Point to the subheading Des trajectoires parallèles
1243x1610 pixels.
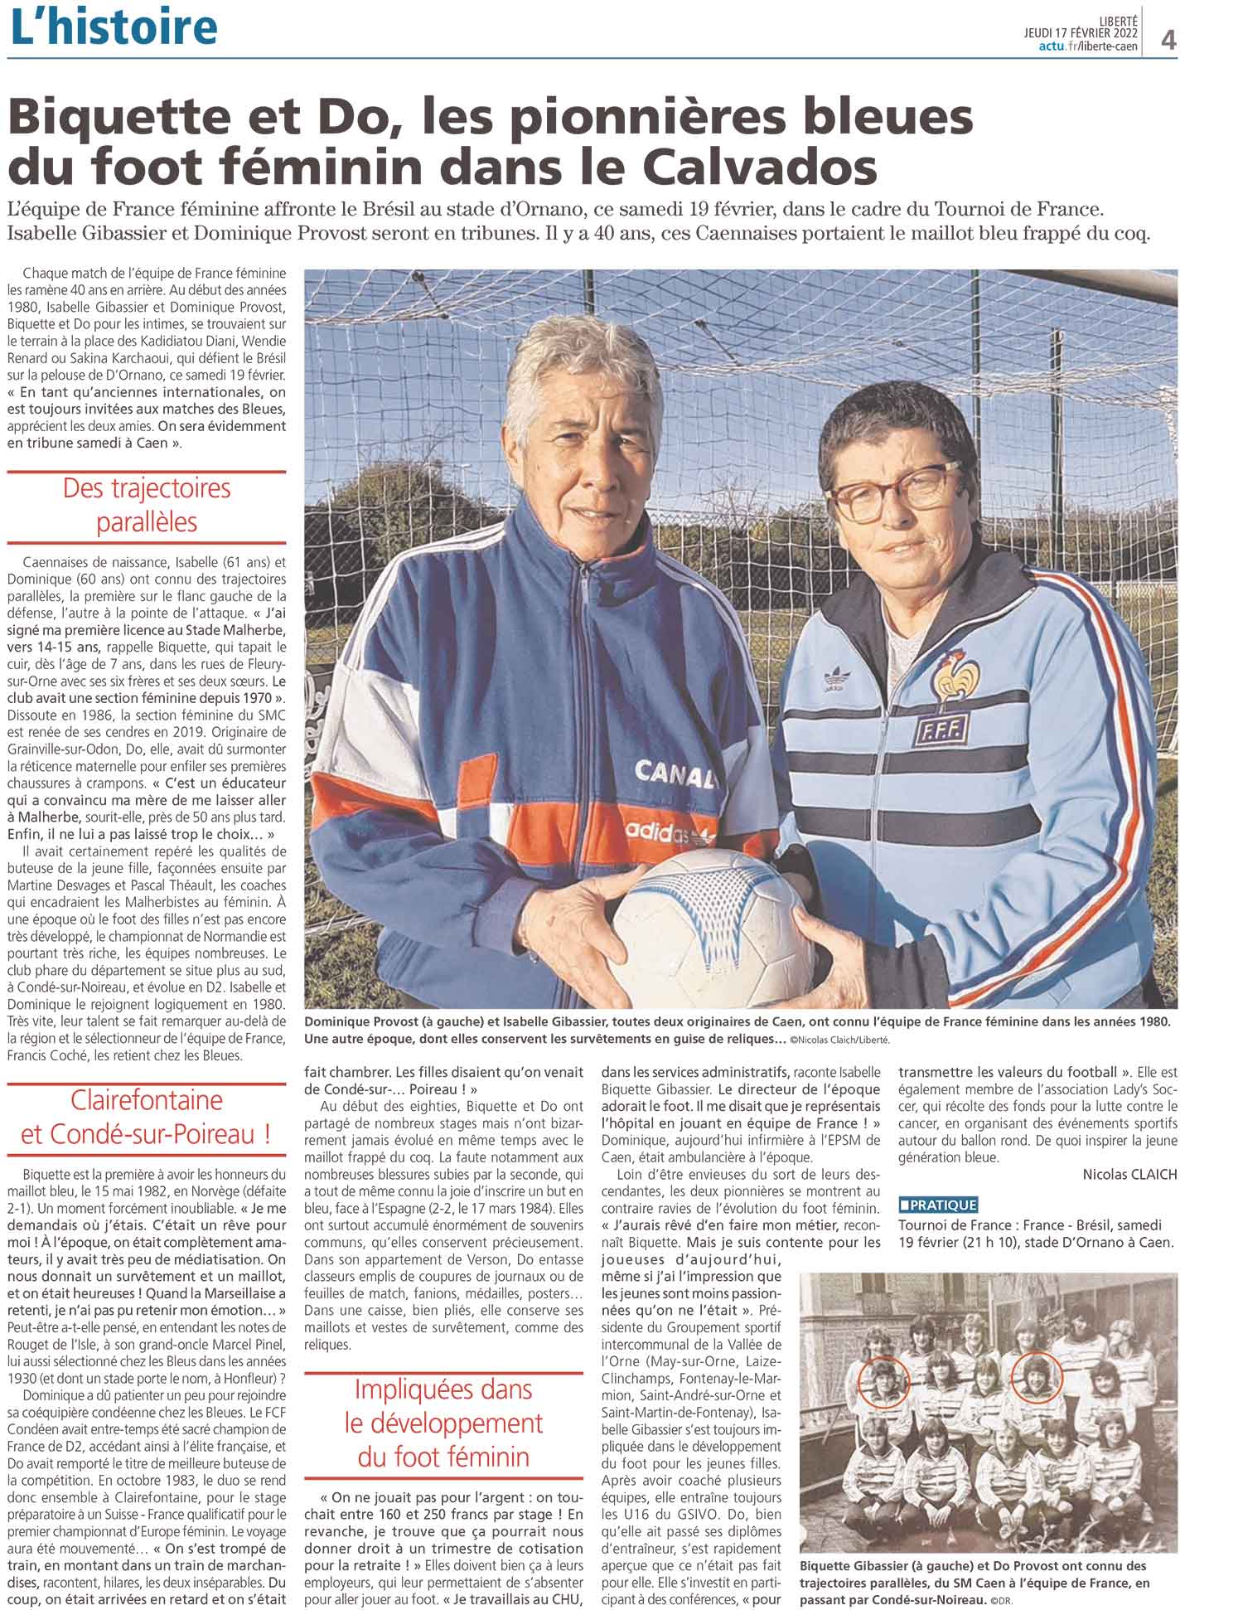[x=146, y=505]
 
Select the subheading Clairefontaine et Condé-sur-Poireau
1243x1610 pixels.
[x=146, y=1117]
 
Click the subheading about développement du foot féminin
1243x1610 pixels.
[x=443, y=1423]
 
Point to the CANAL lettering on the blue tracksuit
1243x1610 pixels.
[x=673, y=773]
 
